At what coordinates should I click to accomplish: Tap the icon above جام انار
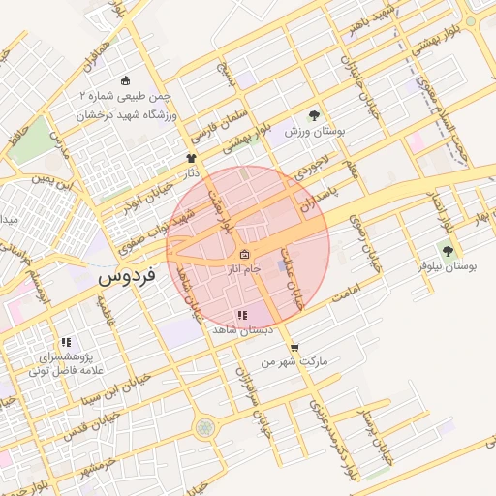tap(243, 255)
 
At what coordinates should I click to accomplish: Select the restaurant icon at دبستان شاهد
tap(242, 316)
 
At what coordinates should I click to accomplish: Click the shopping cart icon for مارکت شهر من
tap(294, 348)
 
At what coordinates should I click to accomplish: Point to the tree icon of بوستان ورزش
tap(313, 113)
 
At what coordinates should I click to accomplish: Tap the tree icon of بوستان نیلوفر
tap(446, 251)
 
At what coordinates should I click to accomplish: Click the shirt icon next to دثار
tap(191, 157)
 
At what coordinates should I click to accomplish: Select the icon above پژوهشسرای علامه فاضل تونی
tap(66, 342)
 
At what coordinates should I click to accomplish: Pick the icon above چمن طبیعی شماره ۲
tap(125, 81)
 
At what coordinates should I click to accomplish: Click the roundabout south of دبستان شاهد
tap(204, 427)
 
